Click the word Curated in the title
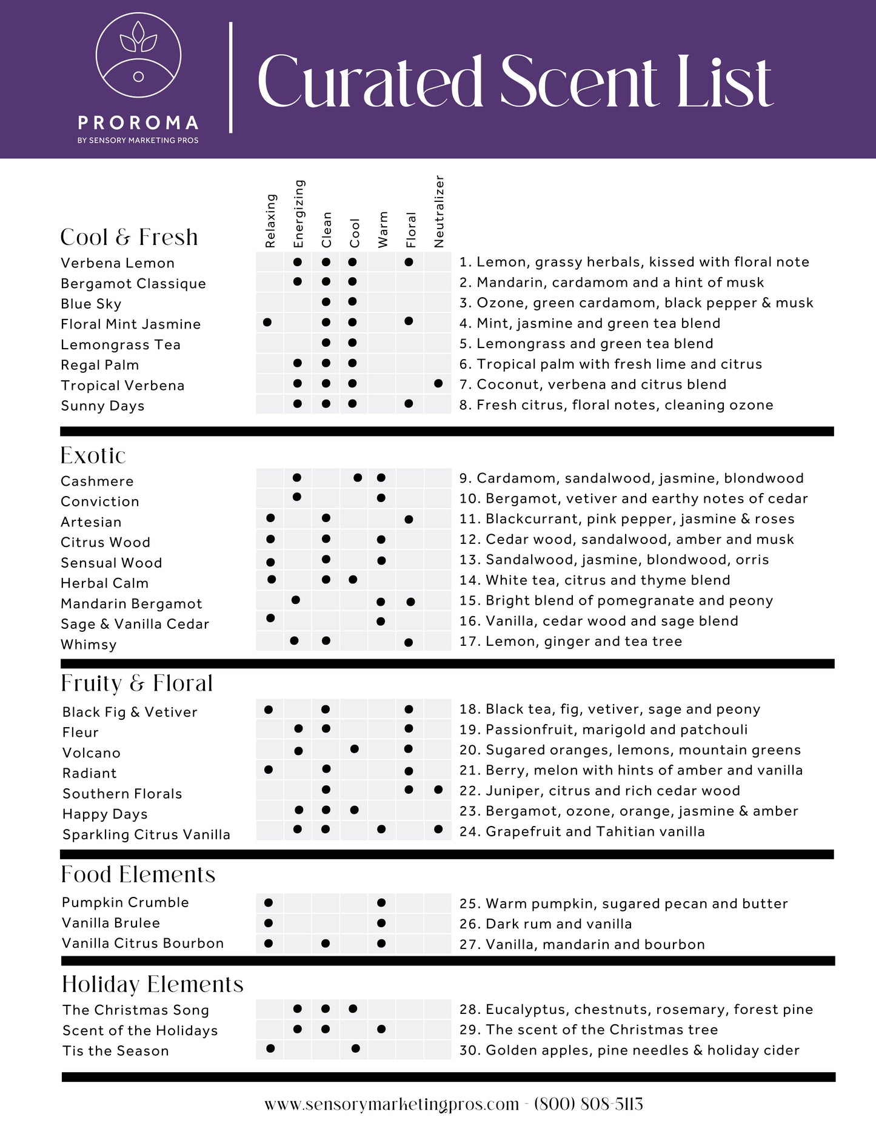coord(369,82)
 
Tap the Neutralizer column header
coord(440,212)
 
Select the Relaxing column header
coord(270,221)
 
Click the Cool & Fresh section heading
coord(129,237)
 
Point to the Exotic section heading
coord(93,455)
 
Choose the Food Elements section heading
coord(138,874)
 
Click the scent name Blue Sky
coord(91,304)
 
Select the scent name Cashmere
coord(97,481)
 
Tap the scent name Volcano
coord(92,753)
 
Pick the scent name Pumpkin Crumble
coord(125,902)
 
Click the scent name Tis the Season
coord(116,1051)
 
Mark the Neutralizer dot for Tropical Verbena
coord(438,383)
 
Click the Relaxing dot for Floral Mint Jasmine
coord(267,322)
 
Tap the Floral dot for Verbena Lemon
coord(409,262)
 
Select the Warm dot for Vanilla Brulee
coord(381,923)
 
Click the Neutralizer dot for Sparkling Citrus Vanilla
coord(438,829)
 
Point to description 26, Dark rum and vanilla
coord(546,924)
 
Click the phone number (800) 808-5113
coord(588,1104)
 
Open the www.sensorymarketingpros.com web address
coord(392,1104)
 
